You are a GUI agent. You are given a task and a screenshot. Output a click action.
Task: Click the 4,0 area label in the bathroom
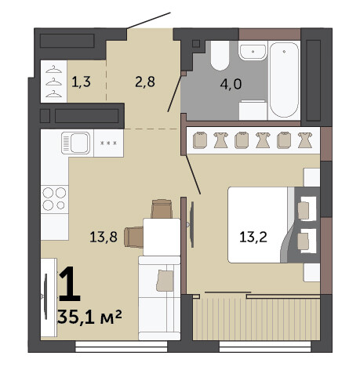[231, 84]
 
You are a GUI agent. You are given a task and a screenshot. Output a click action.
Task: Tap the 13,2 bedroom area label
[253, 238]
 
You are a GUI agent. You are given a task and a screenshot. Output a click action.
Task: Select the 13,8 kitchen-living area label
[104, 237]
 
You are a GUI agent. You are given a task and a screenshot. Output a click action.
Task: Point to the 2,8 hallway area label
[145, 82]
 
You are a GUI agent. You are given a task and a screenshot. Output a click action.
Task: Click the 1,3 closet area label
[81, 82]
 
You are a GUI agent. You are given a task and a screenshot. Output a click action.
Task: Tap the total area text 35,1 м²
[89, 317]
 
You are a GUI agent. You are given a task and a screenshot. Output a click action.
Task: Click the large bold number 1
[69, 284]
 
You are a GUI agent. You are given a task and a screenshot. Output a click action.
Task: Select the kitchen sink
[76, 143]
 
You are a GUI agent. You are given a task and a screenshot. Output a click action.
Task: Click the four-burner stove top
[54, 199]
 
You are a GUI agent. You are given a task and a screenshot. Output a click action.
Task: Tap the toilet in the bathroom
[220, 55]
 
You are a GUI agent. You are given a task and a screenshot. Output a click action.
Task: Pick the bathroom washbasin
[253, 52]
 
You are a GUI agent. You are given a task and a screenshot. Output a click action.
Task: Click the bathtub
[284, 80]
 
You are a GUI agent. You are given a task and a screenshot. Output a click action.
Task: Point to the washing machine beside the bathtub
[253, 111]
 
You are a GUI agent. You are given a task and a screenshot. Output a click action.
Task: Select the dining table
[162, 237]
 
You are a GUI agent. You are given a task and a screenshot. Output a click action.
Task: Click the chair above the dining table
[162, 209]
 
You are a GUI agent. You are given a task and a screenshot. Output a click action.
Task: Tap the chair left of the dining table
[133, 237]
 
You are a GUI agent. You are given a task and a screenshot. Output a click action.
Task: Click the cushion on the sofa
[165, 281]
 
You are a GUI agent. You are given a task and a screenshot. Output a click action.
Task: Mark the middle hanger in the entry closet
[53, 82]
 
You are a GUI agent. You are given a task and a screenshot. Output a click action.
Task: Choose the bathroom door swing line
[175, 94]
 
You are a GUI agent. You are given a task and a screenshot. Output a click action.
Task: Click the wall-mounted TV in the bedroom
[191, 224]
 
